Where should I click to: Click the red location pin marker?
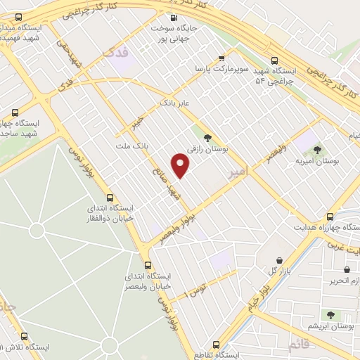(181, 166)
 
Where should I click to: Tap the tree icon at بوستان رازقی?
(207, 137)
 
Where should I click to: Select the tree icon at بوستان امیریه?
(317, 149)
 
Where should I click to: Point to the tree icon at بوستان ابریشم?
(328, 314)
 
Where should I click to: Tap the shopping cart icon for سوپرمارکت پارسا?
(222, 58)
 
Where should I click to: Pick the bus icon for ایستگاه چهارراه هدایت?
(330, 217)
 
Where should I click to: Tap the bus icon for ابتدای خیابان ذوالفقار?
(108, 198)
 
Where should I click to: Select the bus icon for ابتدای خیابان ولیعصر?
(148, 266)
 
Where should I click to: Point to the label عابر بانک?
(176, 103)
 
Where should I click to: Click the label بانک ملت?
(131, 146)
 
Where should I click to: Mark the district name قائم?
(297, 345)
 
